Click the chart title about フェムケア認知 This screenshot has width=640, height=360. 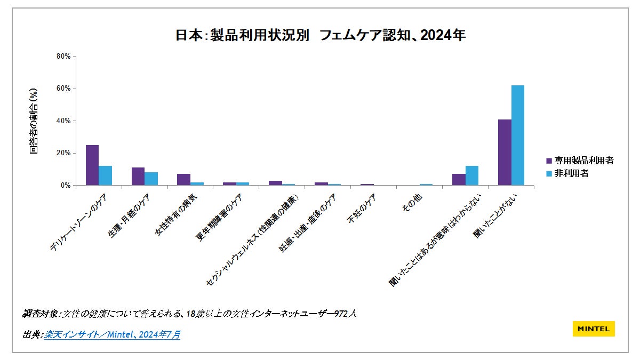point(321,36)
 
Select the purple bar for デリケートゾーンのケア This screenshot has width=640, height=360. point(92,165)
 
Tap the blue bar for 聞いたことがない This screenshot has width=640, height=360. point(517,135)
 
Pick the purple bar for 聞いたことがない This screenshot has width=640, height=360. point(505,153)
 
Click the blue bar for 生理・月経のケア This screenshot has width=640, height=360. point(151,179)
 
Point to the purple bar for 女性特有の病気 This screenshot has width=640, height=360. point(183,180)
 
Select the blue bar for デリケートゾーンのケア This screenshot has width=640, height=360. point(105,175)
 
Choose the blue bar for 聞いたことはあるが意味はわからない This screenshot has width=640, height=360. point(471,175)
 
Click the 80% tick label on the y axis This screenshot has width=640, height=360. point(63,56)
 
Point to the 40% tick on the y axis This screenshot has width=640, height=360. point(63,121)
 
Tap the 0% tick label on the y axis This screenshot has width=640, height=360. point(65,185)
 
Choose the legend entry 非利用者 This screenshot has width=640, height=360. point(571,173)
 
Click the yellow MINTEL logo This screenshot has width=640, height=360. point(594,329)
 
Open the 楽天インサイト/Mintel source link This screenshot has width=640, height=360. point(112,334)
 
